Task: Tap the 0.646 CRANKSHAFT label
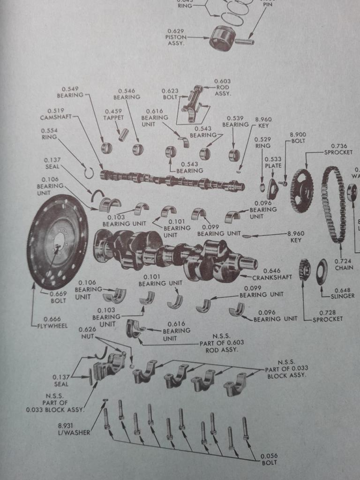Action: (278, 274)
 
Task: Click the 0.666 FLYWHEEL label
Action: (52, 322)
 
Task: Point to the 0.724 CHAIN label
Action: (344, 264)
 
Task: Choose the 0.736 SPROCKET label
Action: (338, 149)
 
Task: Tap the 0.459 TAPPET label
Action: (113, 114)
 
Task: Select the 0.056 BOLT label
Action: (269, 459)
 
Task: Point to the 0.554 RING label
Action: (49, 134)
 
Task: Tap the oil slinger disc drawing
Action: (322, 271)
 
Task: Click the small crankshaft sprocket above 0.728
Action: (304, 270)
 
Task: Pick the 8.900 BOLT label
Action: (298, 137)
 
